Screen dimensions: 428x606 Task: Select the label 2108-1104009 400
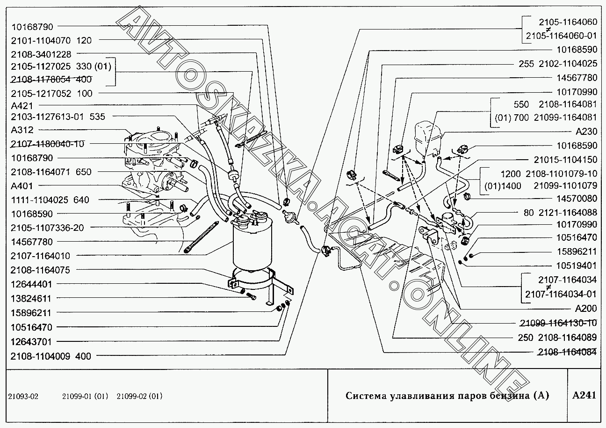click(x=51, y=356)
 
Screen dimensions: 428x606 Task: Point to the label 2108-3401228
click(x=41, y=54)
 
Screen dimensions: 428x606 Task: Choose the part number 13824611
click(x=31, y=298)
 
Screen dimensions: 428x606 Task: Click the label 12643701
click(x=31, y=341)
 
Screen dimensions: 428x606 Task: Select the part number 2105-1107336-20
click(x=47, y=228)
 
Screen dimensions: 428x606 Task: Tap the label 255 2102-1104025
click(x=558, y=63)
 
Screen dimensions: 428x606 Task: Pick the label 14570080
click(x=577, y=198)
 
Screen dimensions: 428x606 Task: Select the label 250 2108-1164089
click(x=558, y=338)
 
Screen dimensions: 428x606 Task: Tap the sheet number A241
click(x=584, y=395)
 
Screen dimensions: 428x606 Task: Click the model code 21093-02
click(x=24, y=396)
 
